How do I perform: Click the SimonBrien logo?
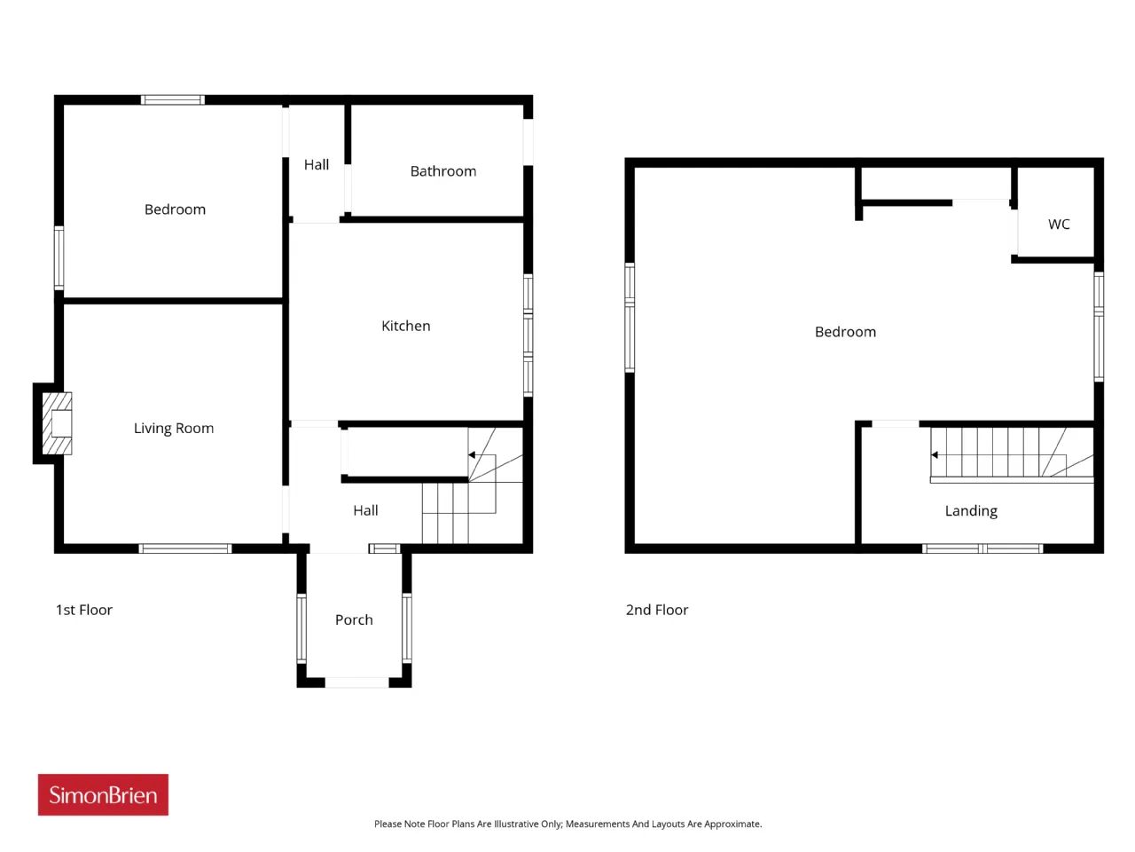pos(103,794)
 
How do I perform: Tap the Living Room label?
pos(174,429)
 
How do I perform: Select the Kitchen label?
pos(406,326)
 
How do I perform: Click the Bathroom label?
pos(443,171)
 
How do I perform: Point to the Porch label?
pos(354,619)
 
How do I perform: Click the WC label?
pos(1059,224)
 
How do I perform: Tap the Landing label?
pos(971,511)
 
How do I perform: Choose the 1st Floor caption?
pos(83,610)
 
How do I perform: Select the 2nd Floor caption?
pos(657,610)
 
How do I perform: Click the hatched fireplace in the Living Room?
pos(57,423)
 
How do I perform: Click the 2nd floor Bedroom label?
pos(845,332)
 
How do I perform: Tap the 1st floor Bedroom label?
pos(175,209)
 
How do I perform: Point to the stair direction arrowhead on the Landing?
pos(934,454)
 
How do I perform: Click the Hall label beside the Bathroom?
pos(317,164)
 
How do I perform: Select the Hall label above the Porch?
pos(365,510)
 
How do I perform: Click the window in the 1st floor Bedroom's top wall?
pos(173,99)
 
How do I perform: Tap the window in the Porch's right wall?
pos(407,628)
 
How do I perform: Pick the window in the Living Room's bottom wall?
pos(185,548)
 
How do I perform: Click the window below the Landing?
pos(982,548)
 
